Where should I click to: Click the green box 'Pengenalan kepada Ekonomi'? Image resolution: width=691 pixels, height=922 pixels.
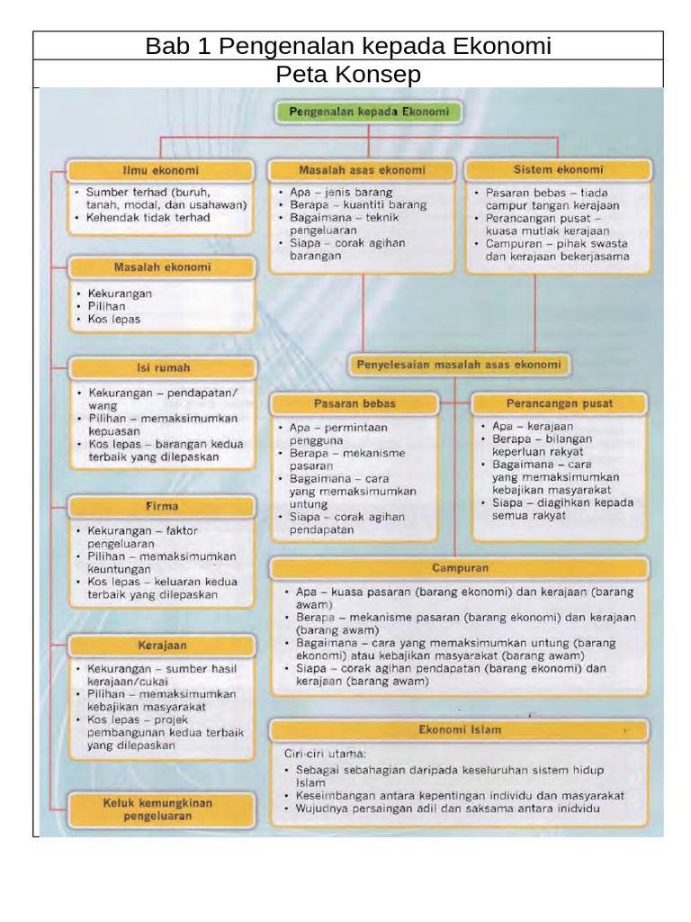pyautogui.click(x=368, y=113)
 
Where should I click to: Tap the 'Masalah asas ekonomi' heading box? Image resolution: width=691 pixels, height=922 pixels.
pyautogui.click(x=362, y=170)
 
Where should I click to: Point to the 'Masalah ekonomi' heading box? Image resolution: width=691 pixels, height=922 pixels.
pyautogui.click(x=162, y=267)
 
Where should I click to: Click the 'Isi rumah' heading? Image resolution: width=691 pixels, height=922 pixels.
pyautogui.click(x=163, y=367)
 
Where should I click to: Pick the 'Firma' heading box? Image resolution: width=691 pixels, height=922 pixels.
pyautogui.click(x=162, y=506)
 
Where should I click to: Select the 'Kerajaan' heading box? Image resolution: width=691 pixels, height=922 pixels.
pyautogui.click(x=162, y=646)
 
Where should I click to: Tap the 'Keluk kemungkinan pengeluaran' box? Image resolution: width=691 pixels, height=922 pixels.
pyautogui.click(x=158, y=809)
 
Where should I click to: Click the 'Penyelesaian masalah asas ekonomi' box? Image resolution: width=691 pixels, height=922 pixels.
pyautogui.click(x=459, y=365)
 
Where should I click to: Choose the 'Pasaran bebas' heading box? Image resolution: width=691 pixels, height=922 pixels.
pyautogui.click(x=354, y=403)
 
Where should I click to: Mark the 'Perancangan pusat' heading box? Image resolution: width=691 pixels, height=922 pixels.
pyautogui.click(x=559, y=403)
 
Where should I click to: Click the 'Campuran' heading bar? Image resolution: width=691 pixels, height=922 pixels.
pyautogui.click(x=460, y=569)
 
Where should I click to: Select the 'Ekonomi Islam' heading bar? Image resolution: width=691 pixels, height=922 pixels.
pyautogui.click(x=460, y=729)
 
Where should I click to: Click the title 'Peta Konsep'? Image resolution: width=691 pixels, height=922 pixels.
pyautogui.click(x=348, y=74)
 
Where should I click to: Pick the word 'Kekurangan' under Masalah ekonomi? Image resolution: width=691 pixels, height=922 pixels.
pyautogui.click(x=120, y=294)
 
